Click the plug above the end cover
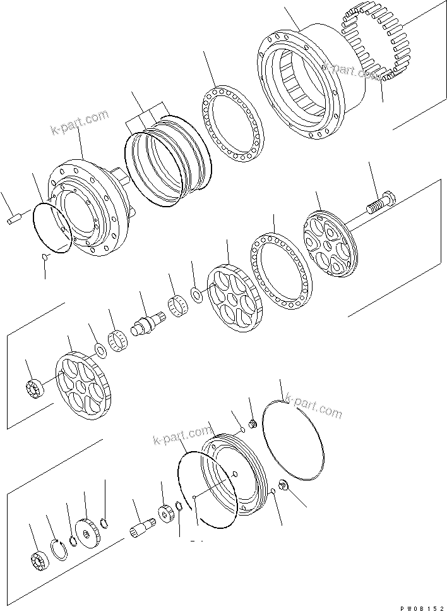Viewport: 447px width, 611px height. (250, 424)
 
